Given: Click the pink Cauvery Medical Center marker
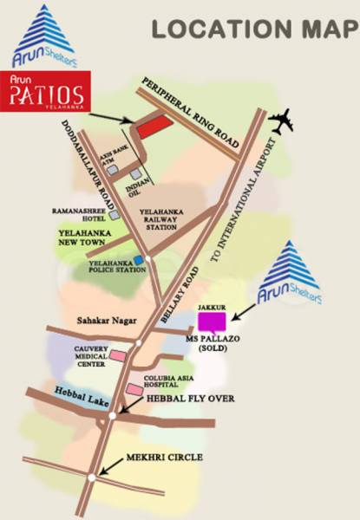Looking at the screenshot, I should (117, 356).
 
